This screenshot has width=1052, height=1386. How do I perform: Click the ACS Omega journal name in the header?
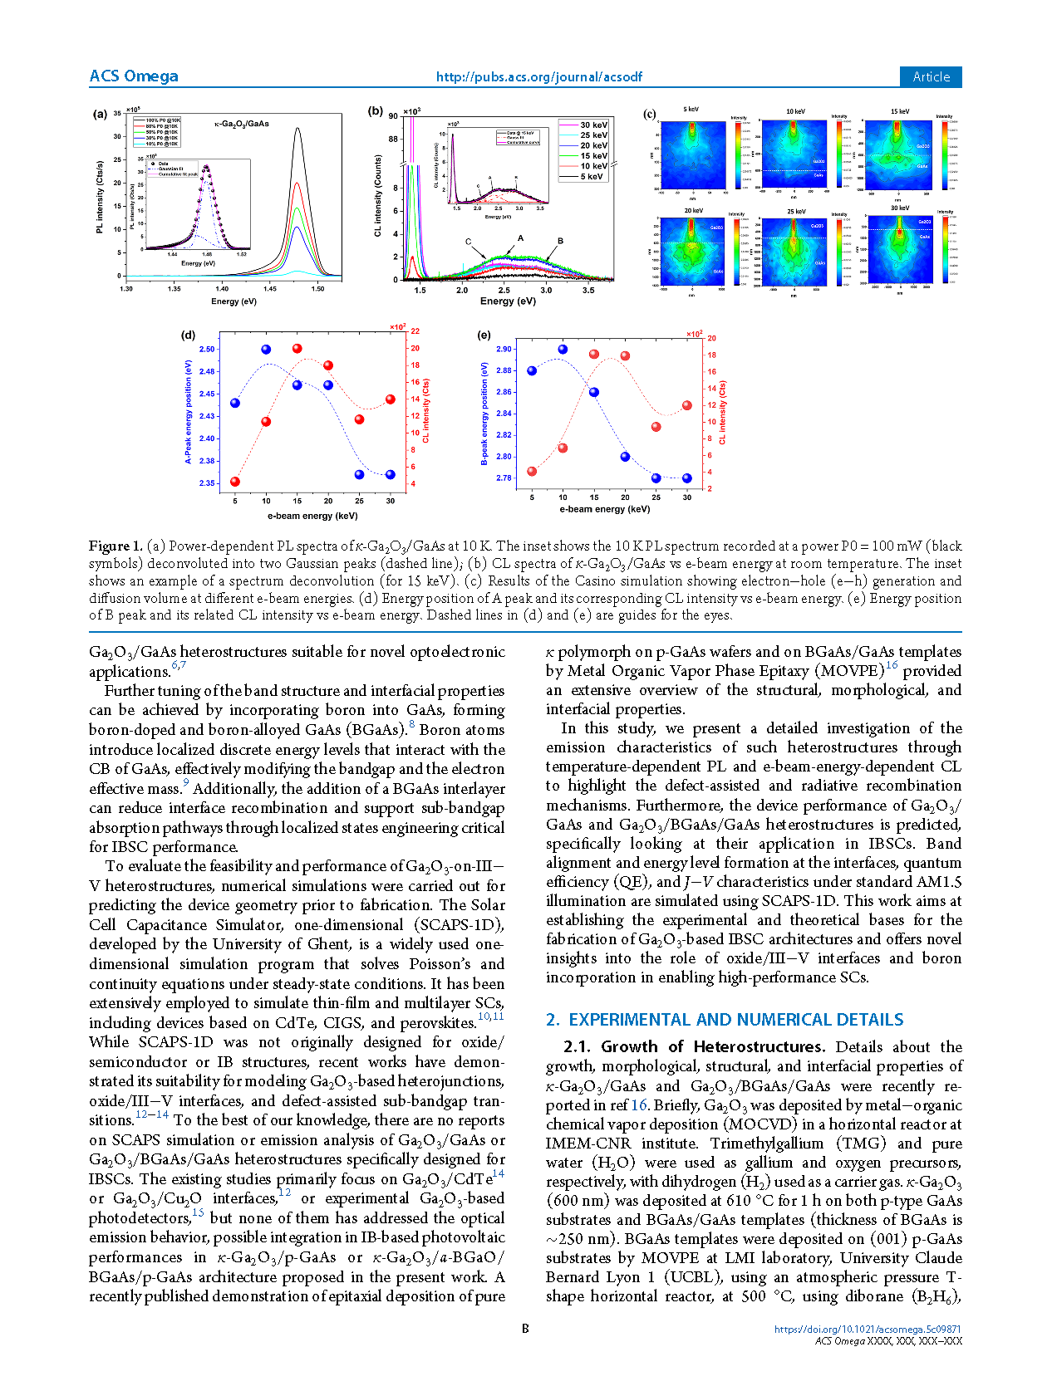(133, 76)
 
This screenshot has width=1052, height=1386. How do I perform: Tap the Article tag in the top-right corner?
(931, 76)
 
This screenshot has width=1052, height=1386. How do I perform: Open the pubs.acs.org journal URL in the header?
(538, 77)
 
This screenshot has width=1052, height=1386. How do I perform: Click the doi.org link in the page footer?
(868, 1330)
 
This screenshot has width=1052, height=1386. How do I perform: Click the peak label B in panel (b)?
(561, 241)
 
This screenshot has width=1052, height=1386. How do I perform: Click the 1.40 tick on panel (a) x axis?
(222, 289)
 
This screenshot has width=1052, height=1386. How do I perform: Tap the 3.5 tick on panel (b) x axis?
(588, 291)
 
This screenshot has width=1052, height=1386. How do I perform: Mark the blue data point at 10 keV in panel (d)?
(266, 350)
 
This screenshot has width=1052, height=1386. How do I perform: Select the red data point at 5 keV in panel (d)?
(235, 482)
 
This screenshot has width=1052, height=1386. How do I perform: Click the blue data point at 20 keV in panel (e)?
(625, 457)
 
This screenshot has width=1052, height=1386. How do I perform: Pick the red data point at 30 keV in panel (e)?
(687, 405)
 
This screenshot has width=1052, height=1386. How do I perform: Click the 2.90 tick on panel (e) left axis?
(504, 350)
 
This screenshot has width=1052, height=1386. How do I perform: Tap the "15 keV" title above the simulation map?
(900, 111)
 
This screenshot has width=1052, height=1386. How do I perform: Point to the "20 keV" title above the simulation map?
(693, 211)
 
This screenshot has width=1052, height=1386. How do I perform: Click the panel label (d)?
(189, 335)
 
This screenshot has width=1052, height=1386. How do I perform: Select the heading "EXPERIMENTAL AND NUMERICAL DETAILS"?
(735, 1020)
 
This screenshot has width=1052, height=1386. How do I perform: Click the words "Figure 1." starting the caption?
(115, 546)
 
